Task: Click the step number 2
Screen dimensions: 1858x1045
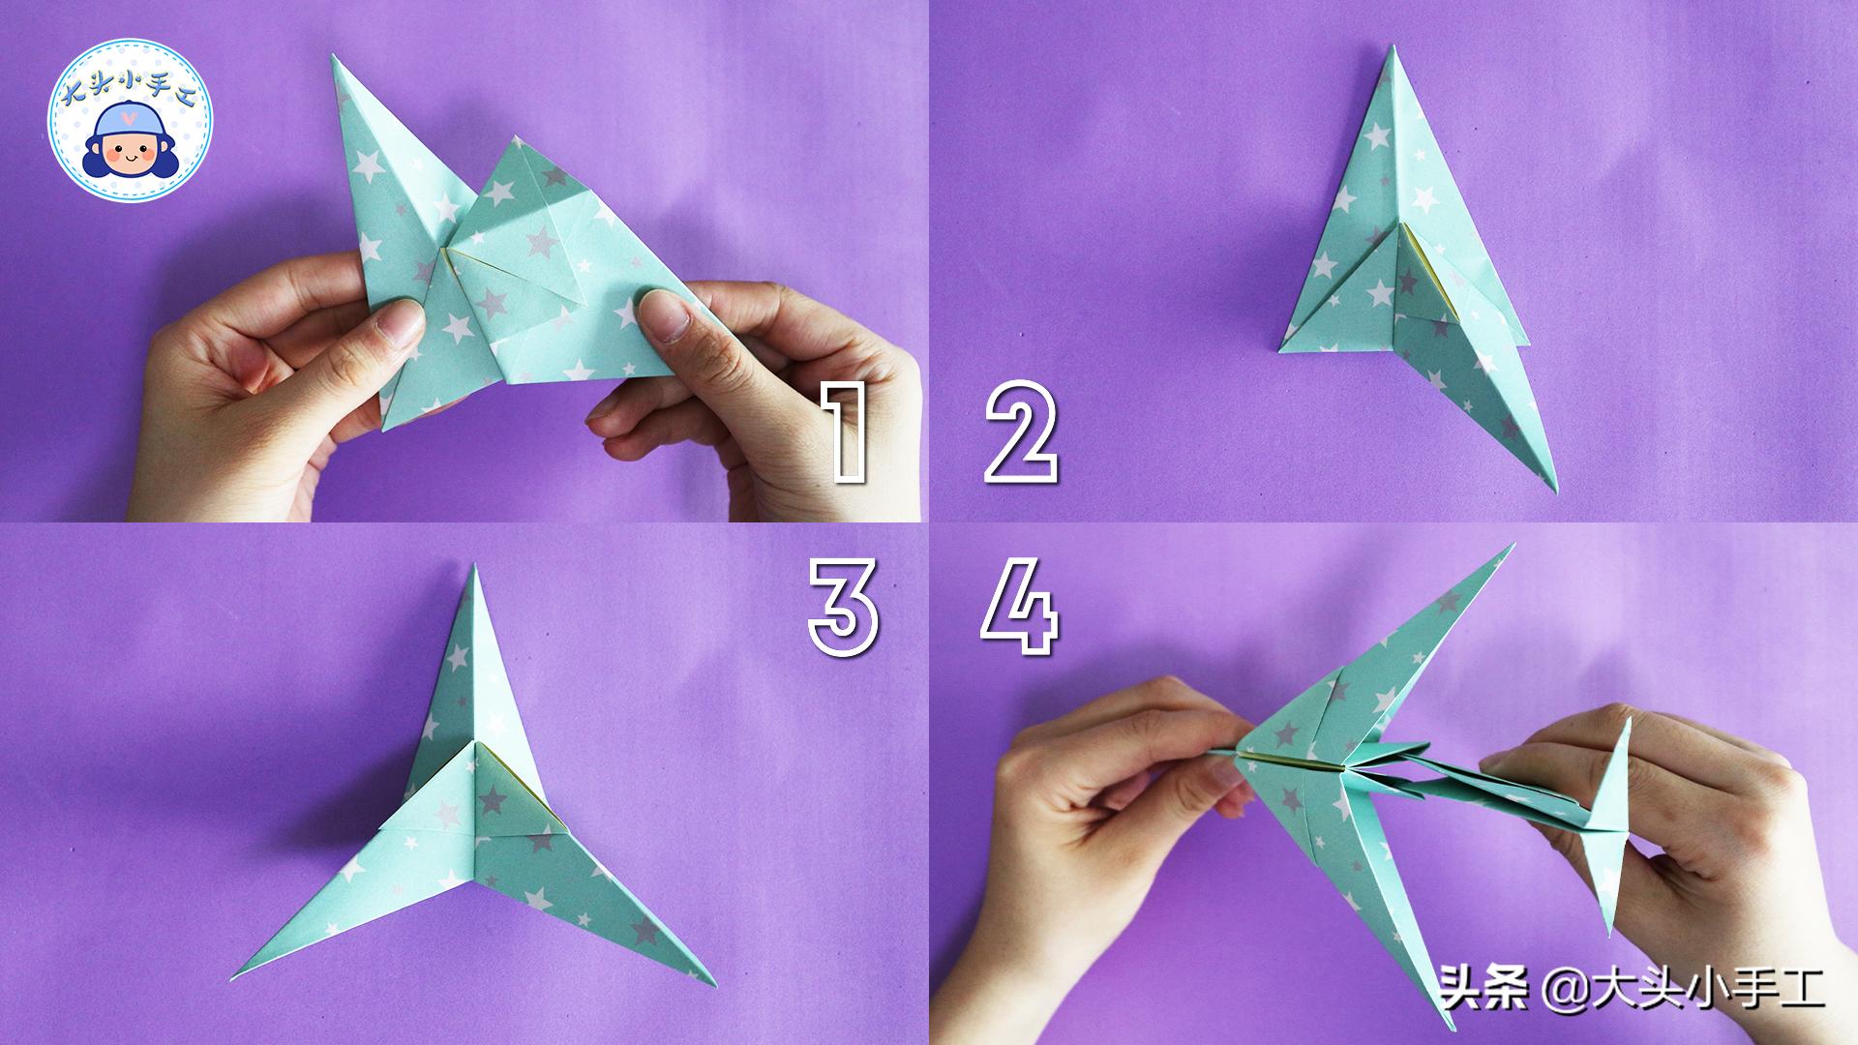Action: pos(1021,433)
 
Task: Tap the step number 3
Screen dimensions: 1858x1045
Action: pos(844,609)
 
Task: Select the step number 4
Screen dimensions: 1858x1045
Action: pos(1020,609)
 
